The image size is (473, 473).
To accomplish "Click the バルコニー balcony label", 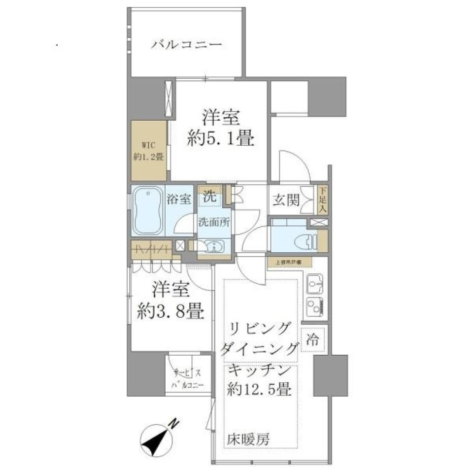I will (187, 46).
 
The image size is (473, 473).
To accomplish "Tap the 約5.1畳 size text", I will (221, 139).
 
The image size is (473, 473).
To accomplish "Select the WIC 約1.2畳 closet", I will (148, 151).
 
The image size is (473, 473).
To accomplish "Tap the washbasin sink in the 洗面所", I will (213, 246).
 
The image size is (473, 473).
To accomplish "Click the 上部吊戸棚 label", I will (288, 263).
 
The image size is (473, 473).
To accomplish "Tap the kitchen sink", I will (314, 283).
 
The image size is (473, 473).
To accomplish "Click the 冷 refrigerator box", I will (314, 339).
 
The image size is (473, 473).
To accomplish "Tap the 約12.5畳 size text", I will (260, 390).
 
